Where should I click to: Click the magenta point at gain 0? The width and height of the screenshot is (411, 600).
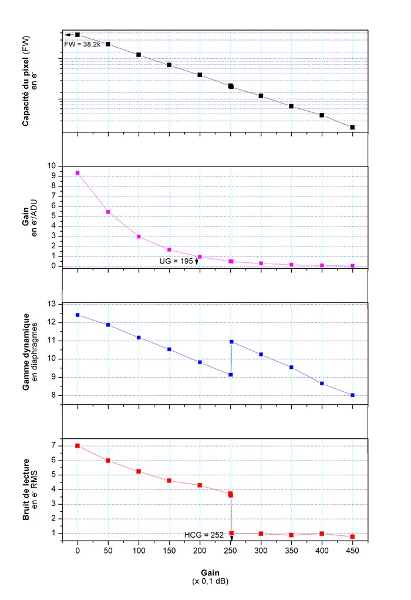[78, 173]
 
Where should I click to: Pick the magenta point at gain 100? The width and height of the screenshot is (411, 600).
[139, 236]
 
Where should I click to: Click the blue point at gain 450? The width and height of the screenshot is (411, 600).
[352, 395]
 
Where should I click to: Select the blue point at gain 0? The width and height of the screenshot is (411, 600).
[78, 315]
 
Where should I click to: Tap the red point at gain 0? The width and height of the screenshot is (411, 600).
[78, 446]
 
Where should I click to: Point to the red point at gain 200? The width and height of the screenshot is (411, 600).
[200, 485]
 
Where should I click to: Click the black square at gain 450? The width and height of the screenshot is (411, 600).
[352, 127]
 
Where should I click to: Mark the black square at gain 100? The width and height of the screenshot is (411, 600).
[139, 55]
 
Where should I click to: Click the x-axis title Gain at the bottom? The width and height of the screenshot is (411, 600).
[210, 572]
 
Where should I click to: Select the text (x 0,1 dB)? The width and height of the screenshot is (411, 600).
[210, 581]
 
